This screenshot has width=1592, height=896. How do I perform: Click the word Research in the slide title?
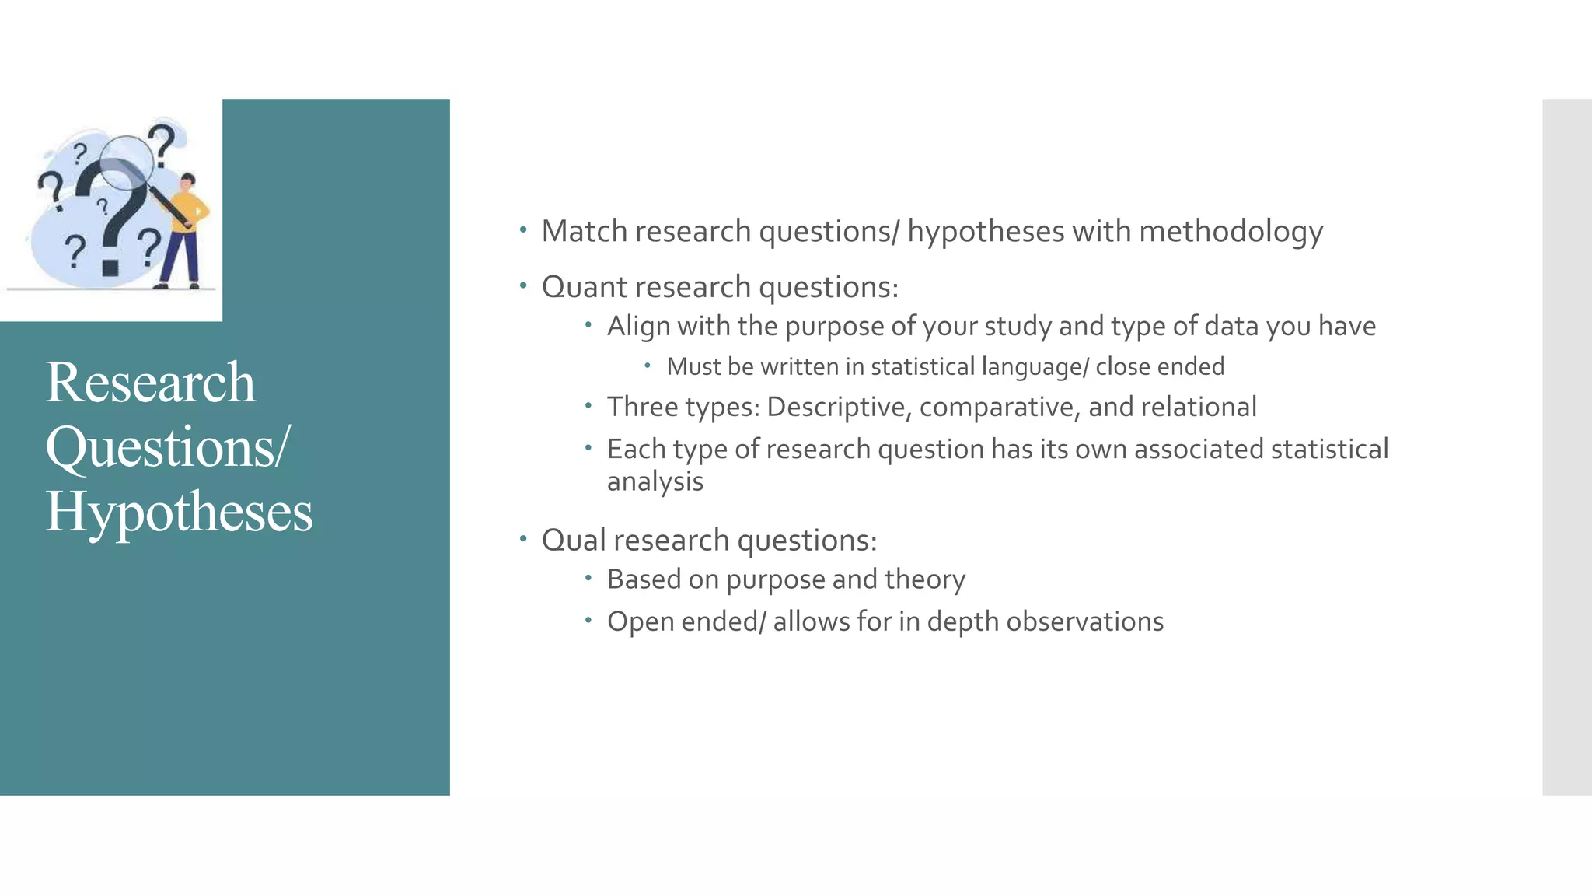[x=150, y=383]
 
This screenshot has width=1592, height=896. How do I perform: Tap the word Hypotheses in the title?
[x=179, y=513]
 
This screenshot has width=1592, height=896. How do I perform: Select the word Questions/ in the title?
[x=167, y=448]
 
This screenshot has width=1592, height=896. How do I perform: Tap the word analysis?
[x=655, y=481]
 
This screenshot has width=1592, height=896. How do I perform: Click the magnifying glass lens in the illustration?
[x=126, y=162]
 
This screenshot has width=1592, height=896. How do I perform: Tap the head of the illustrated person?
[x=187, y=182]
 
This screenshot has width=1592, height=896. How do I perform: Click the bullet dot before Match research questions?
[x=524, y=230]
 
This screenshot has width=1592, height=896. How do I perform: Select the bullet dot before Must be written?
[x=647, y=365]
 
